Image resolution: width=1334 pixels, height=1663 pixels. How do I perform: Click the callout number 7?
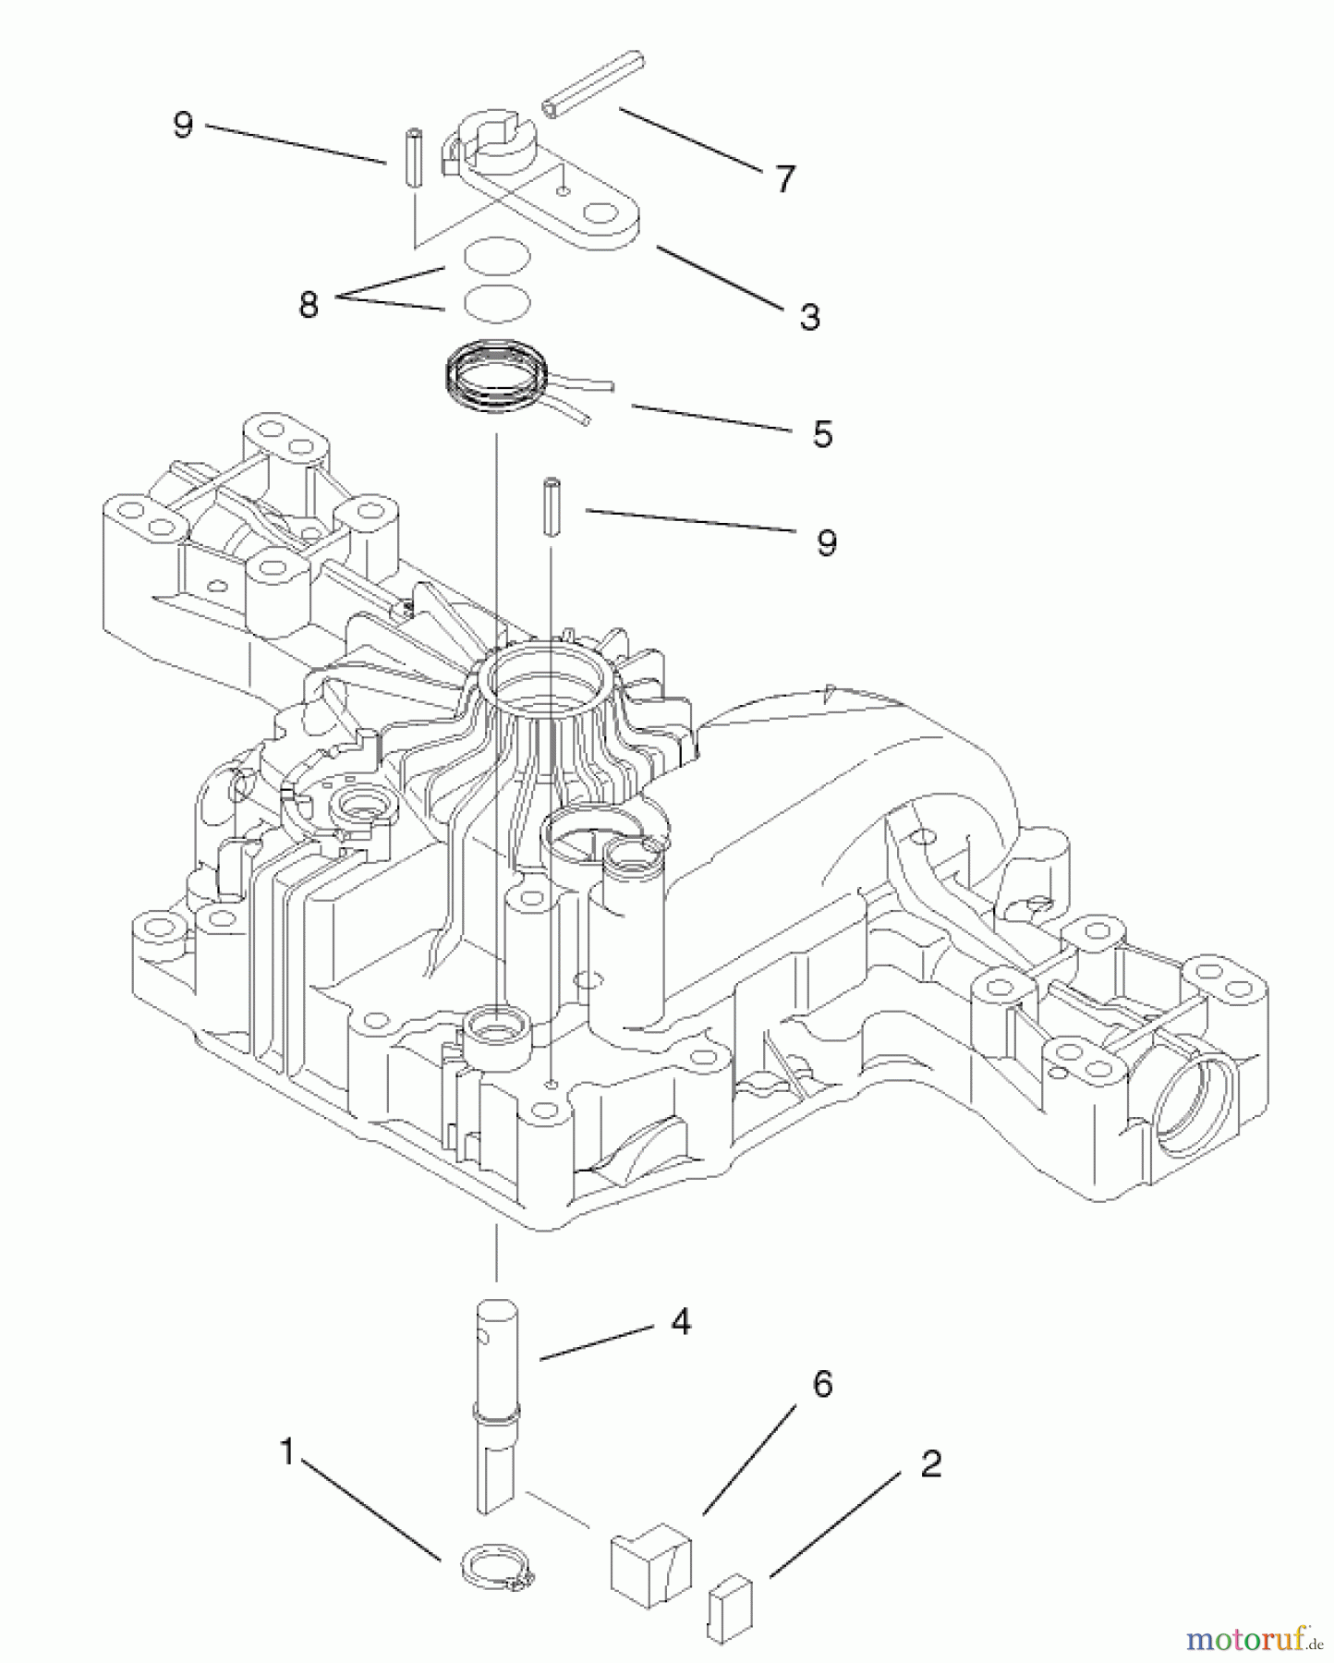(x=784, y=179)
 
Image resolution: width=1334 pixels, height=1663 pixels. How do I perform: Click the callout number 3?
(x=808, y=317)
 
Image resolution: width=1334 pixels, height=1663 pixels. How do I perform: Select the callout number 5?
(x=821, y=433)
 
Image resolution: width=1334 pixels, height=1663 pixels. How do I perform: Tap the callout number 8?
(x=309, y=304)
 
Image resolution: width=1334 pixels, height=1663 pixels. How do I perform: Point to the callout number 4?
(x=681, y=1322)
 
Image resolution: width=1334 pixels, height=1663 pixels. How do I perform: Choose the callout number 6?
(x=821, y=1384)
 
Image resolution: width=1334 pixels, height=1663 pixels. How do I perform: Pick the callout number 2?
(x=930, y=1464)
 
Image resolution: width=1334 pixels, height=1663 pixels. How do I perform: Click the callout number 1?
(x=287, y=1452)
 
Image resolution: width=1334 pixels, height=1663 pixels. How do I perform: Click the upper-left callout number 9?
(x=183, y=125)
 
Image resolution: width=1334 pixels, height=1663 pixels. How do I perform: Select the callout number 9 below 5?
(x=826, y=542)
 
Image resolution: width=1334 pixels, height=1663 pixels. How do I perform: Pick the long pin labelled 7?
(x=593, y=84)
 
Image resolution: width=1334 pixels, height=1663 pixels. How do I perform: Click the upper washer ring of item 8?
(x=497, y=255)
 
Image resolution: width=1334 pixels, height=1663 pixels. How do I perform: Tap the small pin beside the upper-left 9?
(x=414, y=160)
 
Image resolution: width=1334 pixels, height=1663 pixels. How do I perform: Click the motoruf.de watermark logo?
(x=1255, y=1639)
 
